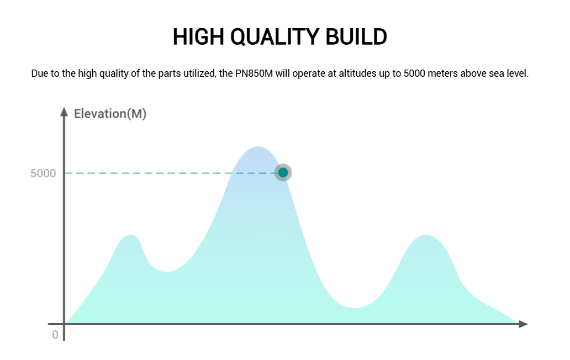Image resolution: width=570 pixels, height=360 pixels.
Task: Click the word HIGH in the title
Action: click(198, 36)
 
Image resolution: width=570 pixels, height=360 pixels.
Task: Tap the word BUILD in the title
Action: click(356, 36)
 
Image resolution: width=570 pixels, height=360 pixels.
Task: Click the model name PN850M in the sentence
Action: click(254, 73)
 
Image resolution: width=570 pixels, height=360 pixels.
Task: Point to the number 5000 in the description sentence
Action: click(414, 73)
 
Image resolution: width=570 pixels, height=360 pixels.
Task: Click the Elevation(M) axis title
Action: click(110, 114)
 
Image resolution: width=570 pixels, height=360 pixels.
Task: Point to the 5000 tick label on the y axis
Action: click(43, 173)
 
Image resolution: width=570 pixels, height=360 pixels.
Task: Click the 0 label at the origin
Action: click(55, 335)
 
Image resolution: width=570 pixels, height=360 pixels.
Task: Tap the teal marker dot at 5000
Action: click(283, 173)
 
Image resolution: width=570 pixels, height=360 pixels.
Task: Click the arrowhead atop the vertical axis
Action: click(64, 112)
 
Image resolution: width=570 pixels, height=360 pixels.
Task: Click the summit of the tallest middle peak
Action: click(258, 147)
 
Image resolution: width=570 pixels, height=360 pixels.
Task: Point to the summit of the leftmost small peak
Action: click(130, 235)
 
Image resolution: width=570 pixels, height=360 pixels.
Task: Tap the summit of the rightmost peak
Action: click(426, 235)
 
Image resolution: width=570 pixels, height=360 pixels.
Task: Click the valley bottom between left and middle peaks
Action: click(167, 271)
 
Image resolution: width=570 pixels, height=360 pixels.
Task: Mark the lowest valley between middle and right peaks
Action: click(354, 308)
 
